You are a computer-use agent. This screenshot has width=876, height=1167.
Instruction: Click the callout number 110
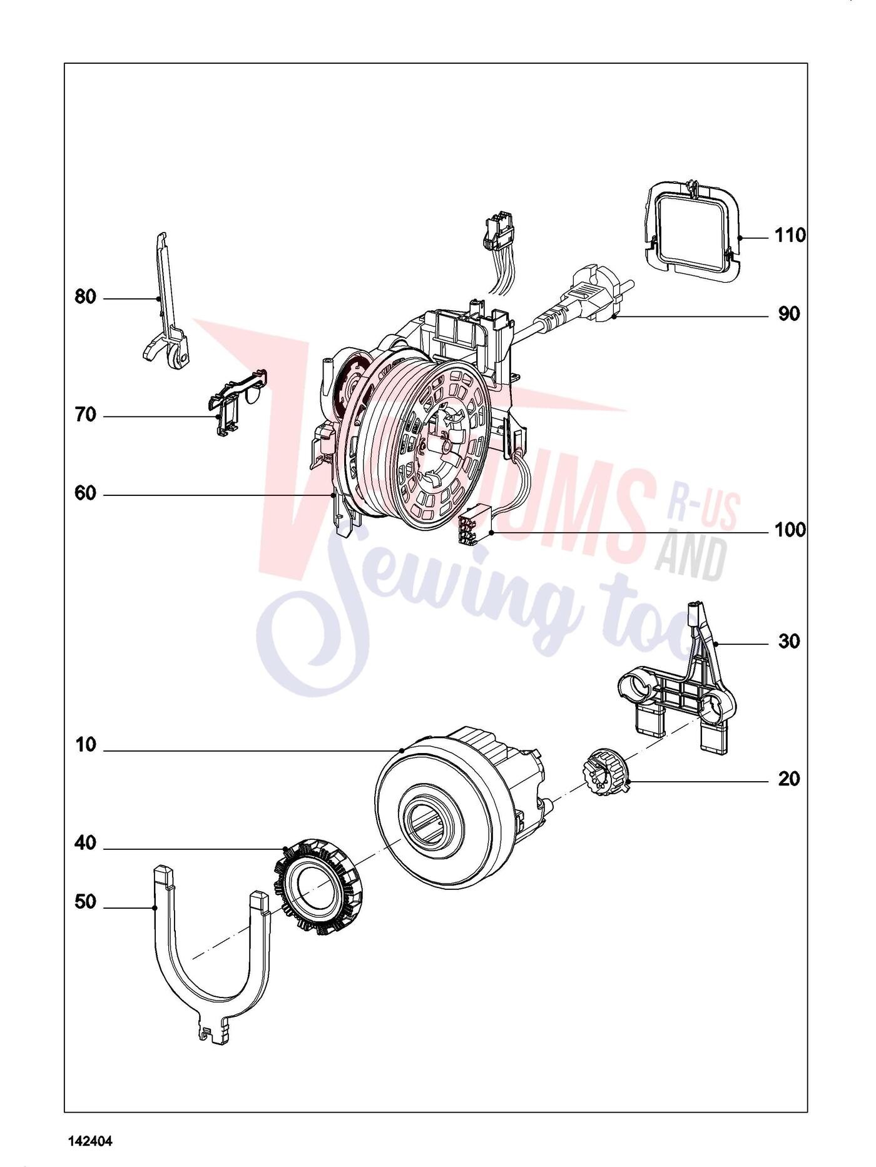pyautogui.click(x=790, y=236)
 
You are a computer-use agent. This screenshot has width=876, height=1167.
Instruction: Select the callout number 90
pyautogui.click(x=789, y=314)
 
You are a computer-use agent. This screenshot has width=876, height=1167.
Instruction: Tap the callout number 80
pyautogui.click(x=86, y=297)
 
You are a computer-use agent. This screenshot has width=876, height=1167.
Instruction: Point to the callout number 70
pyautogui.click(x=86, y=415)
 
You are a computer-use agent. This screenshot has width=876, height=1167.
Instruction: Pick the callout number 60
pyautogui.click(x=86, y=493)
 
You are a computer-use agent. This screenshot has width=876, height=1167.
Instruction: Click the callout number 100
pyautogui.click(x=790, y=530)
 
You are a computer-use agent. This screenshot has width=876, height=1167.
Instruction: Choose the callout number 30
pyautogui.click(x=789, y=642)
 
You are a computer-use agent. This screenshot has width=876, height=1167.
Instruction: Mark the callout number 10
pyautogui.click(x=86, y=745)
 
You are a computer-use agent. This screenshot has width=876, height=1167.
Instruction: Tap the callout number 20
pyautogui.click(x=789, y=779)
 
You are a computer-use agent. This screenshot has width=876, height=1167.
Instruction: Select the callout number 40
pyautogui.click(x=86, y=844)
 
